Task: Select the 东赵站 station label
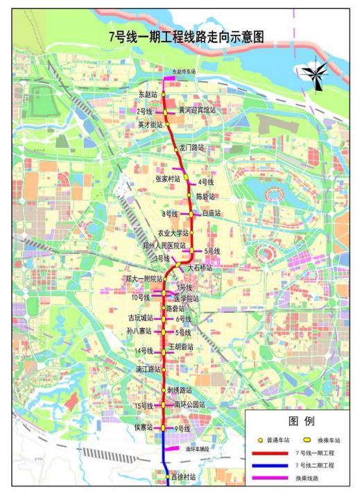pyautogui.click(x=149, y=94)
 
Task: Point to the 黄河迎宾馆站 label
pyautogui.click(x=197, y=110)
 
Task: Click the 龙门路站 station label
pyautogui.click(x=192, y=147)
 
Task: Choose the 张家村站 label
pyautogui.click(x=168, y=178)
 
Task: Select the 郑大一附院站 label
pyautogui.click(x=144, y=279)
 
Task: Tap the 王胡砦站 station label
pyautogui.click(x=182, y=346)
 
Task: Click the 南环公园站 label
pyautogui.click(x=189, y=404)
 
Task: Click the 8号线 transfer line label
pyautogui.click(x=170, y=213)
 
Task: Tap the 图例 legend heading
pyautogui.click(x=302, y=421)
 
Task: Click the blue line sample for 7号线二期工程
pyautogui.click(x=267, y=465)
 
